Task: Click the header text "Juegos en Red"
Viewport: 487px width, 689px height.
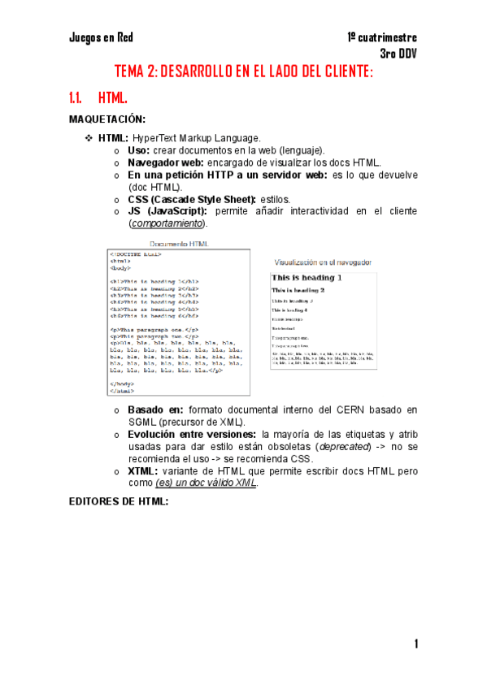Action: (101, 37)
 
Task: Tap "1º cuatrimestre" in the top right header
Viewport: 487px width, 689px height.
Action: (382, 37)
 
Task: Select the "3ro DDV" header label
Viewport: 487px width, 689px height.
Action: (398, 54)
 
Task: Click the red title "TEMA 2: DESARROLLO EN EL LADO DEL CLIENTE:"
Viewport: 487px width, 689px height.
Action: (243, 72)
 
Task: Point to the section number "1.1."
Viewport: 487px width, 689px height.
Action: (77, 98)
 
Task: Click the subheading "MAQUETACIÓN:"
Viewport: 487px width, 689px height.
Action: (107, 119)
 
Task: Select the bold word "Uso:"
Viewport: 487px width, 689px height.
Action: (138, 150)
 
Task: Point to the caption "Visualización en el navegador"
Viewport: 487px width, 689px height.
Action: (324, 262)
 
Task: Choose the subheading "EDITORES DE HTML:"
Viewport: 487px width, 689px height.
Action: (119, 500)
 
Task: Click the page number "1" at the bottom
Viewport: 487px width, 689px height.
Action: (415, 644)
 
